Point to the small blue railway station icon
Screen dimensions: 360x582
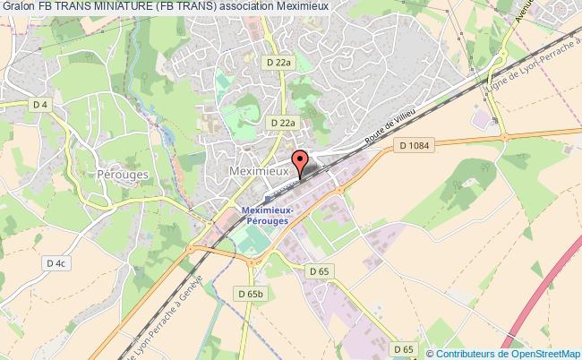coord(266,199)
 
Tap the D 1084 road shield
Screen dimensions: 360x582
coord(415,146)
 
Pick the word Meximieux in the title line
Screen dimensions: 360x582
coord(327,8)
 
